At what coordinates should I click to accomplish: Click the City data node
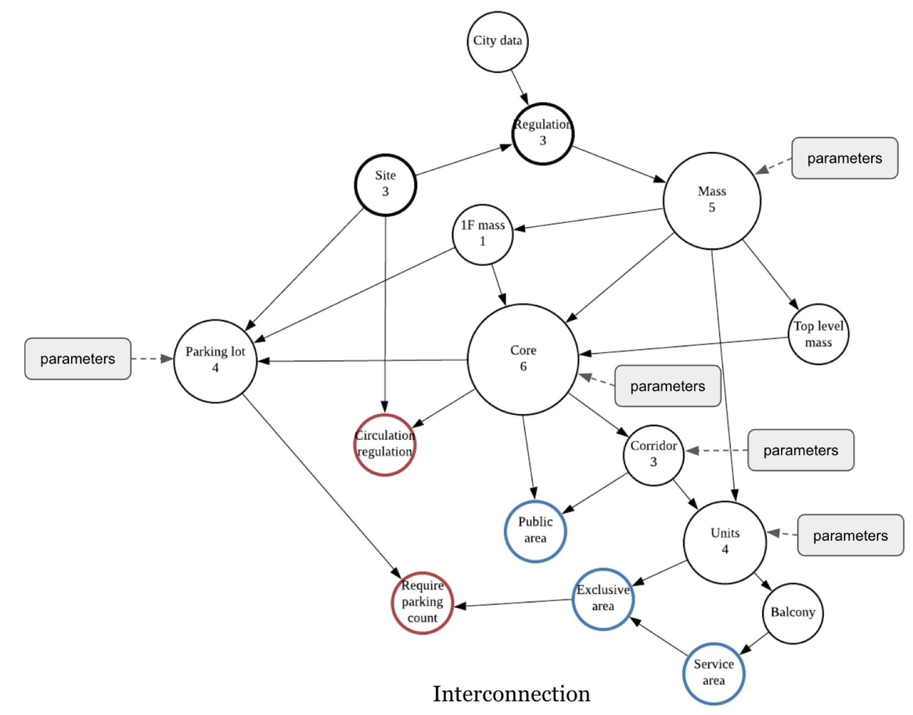pyautogui.click(x=497, y=42)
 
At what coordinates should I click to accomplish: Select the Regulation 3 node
pyautogui.click(x=543, y=133)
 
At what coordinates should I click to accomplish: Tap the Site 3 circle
pyautogui.click(x=385, y=185)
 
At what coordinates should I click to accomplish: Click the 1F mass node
pyautogui.click(x=482, y=234)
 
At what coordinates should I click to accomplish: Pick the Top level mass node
pyautogui.click(x=818, y=334)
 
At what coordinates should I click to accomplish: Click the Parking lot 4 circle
pyautogui.click(x=215, y=360)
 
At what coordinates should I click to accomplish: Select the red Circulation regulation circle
pyautogui.click(x=384, y=444)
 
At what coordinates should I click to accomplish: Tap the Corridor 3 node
pyautogui.click(x=653, y=455)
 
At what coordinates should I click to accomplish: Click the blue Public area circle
pyautogui.click(x=535, y=531)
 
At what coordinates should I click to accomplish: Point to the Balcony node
pyautogui.click(x=793, y=613)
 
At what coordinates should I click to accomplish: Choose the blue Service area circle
pyautogui.click(x=713, y=673)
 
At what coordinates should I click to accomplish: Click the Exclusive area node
pyautogui.click(x=603, y=598)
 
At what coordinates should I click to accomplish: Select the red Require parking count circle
pyautogui.click(x=422, y=602)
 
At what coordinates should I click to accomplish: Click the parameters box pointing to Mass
pyautogui.click(x=844, y=158)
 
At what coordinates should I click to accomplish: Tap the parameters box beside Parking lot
pyautogui.click(x=78, y=358)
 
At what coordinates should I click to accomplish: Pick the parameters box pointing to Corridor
pyautogui.click(x=800, y=450)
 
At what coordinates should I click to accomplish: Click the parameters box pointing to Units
pyautogui.click(x=850, y=535)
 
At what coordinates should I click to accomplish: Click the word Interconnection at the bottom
pyautogui.click(x=511, y=694)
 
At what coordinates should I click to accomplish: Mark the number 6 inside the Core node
pyautogui.click(x=523, y=367)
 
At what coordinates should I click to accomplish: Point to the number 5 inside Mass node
pyautogui.click(x=712, y=208)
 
